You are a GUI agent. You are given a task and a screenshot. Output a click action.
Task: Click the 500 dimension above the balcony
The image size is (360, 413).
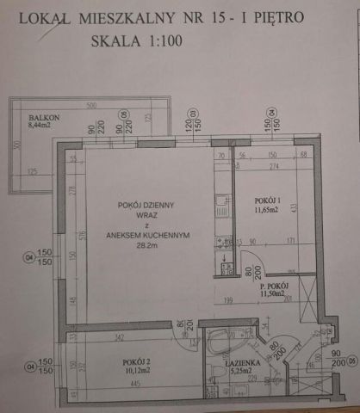click(x=92, y=103)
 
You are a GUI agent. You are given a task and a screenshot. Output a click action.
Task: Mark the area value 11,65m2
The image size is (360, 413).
click(x=258, y=207)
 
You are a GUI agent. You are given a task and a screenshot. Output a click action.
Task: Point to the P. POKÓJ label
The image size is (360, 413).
click(x=272, y=285)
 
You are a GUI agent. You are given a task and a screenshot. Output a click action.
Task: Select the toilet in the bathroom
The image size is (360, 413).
click(x=216, y=372)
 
